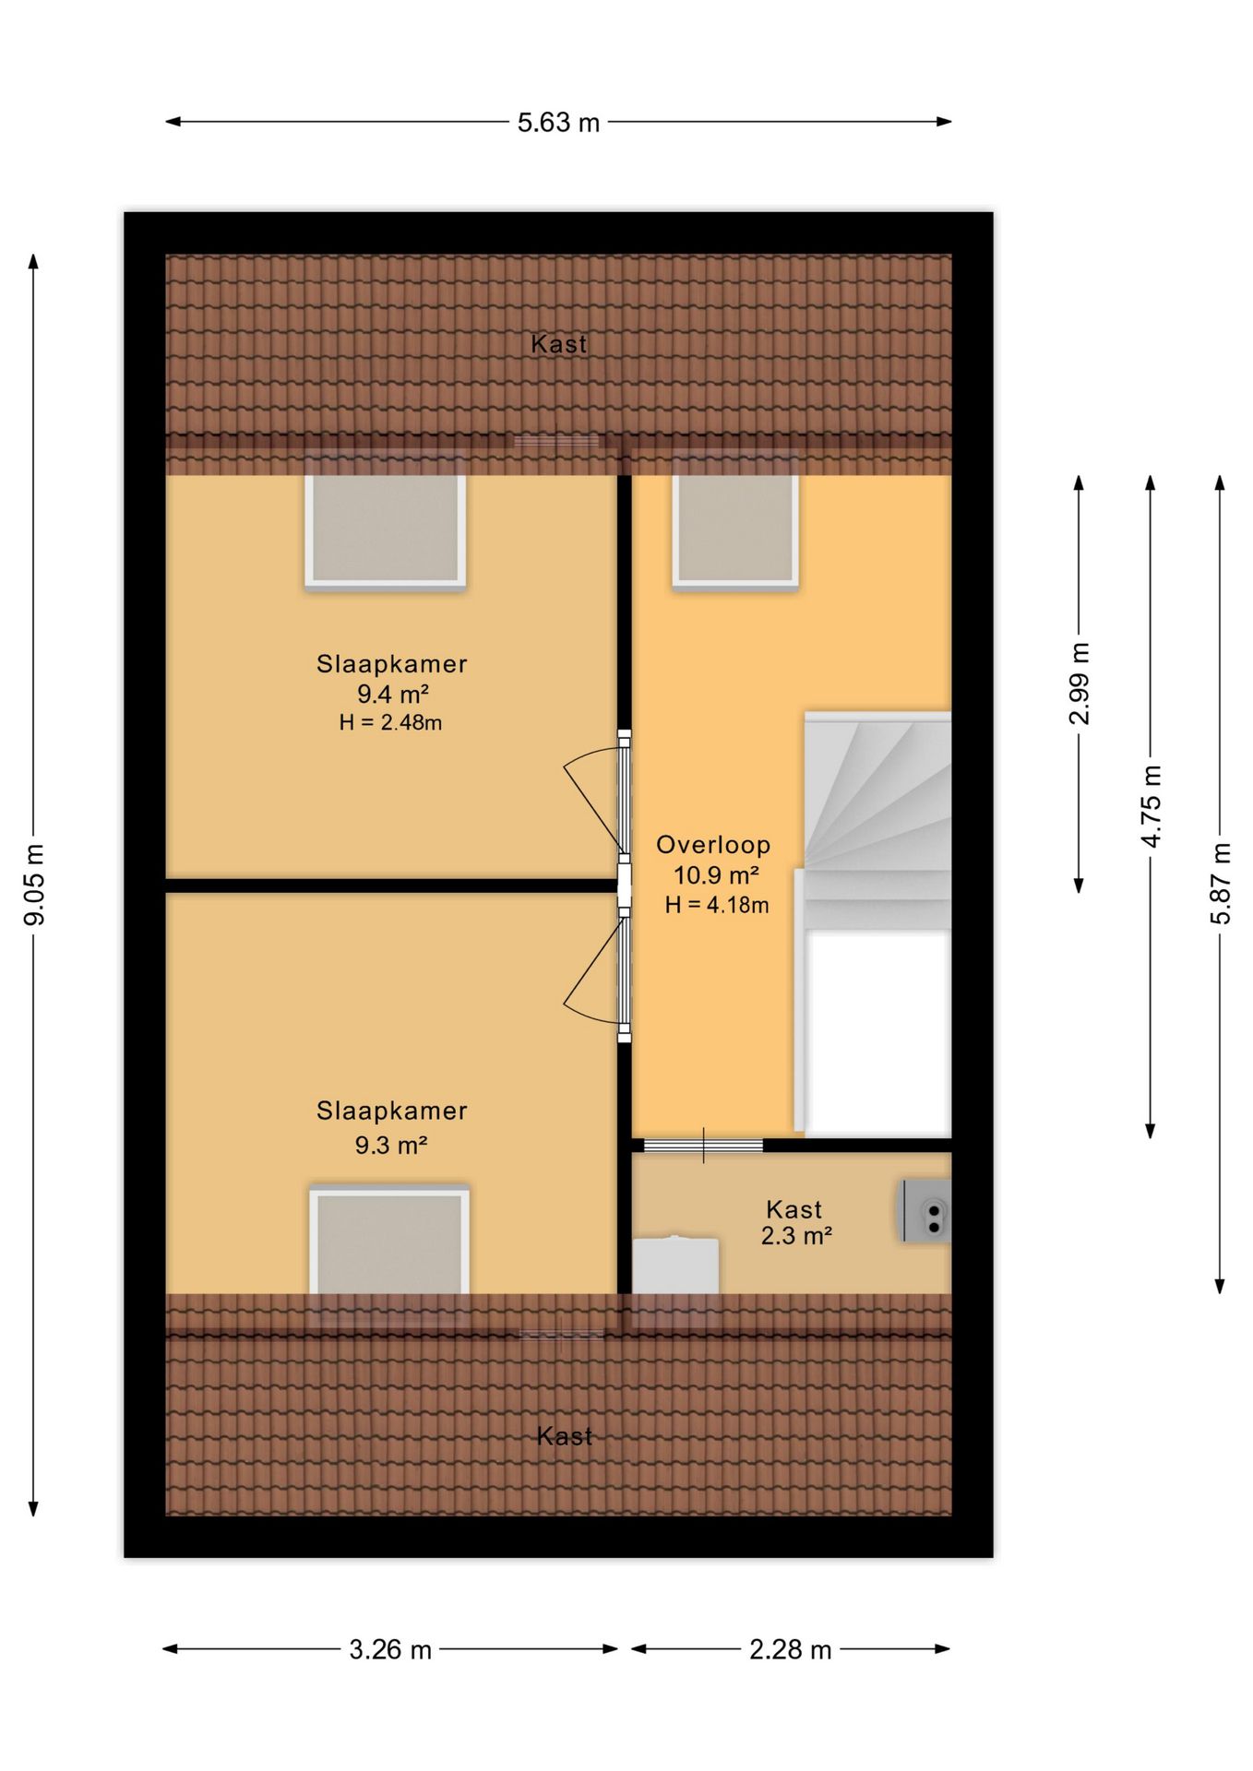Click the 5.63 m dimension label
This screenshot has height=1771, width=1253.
click(x=558, y=122)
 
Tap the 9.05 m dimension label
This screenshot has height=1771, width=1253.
click(x=34, y=884)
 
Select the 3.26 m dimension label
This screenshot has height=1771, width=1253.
click(x=390, y=1649)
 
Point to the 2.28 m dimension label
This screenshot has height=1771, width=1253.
click(x=791, y=1649)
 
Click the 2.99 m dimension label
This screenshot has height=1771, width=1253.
click(x=1080, y=683)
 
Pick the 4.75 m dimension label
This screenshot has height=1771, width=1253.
click(x=1151, y=806)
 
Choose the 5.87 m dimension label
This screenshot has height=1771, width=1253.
click(x=1221, y=883)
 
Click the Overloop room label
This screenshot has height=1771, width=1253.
click(x=713, y=845)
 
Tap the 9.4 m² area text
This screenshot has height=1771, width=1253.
click(x=393, y=694)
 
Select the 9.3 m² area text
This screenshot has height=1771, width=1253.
click(x=391, y=1145)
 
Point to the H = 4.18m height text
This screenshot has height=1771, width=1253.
click(x=717, y=905)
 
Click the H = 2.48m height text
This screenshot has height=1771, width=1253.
click(x=390, y=722)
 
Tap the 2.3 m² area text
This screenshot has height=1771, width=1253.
click(x=796, y=1235)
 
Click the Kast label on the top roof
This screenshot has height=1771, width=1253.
click(x=559, y=345)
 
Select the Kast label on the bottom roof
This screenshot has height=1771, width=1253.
click(x=565, y=1436)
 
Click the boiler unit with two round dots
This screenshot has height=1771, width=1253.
click(x=925, y=1211)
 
